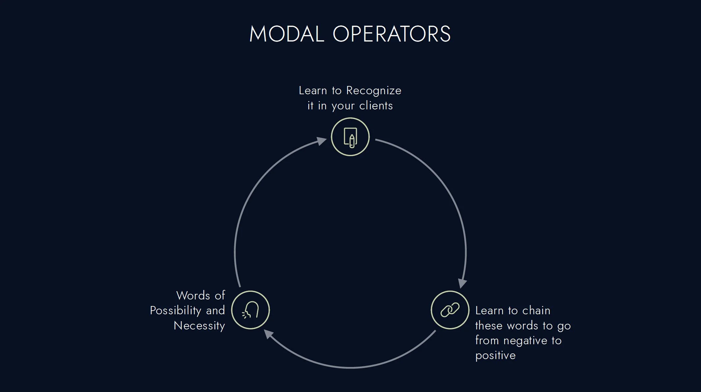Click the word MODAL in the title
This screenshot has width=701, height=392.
click(287, 34)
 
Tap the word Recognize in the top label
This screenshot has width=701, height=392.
click(374, 91)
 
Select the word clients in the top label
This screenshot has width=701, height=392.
click(376, 106)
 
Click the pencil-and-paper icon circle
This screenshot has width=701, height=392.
click(350, 137)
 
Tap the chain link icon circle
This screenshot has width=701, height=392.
click(450, 310)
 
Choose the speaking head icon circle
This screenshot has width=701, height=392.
click(250, 310)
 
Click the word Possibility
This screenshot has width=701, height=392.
click(176, 310)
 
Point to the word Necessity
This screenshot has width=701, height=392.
click(199, 326)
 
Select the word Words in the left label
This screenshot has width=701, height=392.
click(193, 295)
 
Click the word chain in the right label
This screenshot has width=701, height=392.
click(536, 310)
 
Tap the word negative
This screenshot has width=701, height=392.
click(525, 341)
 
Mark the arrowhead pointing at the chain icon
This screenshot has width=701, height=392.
click(463, 283)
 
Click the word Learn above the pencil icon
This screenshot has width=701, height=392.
click(313, 91)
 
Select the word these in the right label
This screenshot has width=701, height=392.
click(489, 326)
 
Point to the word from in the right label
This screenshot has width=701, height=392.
click(487, 341)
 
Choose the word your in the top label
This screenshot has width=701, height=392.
click(343, 106)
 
